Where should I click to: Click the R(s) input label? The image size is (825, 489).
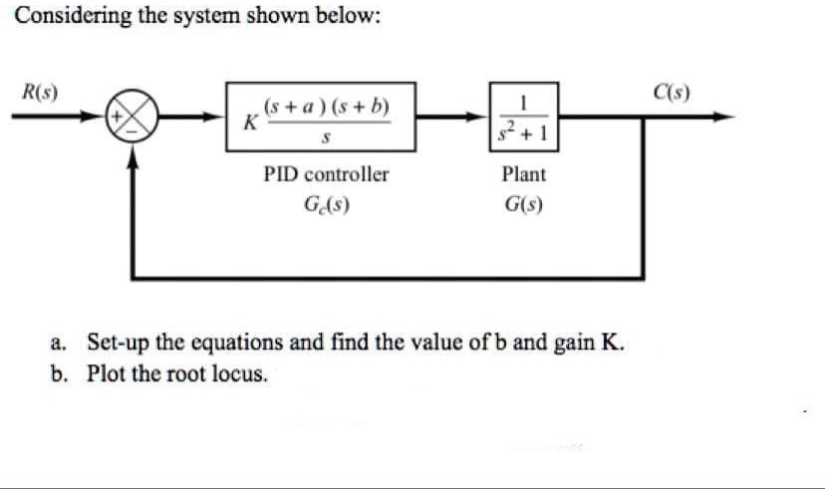40,93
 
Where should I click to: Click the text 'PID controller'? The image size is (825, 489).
326,174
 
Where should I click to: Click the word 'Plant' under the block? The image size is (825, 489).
524,174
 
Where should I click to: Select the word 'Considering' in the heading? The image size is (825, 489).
68,17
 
